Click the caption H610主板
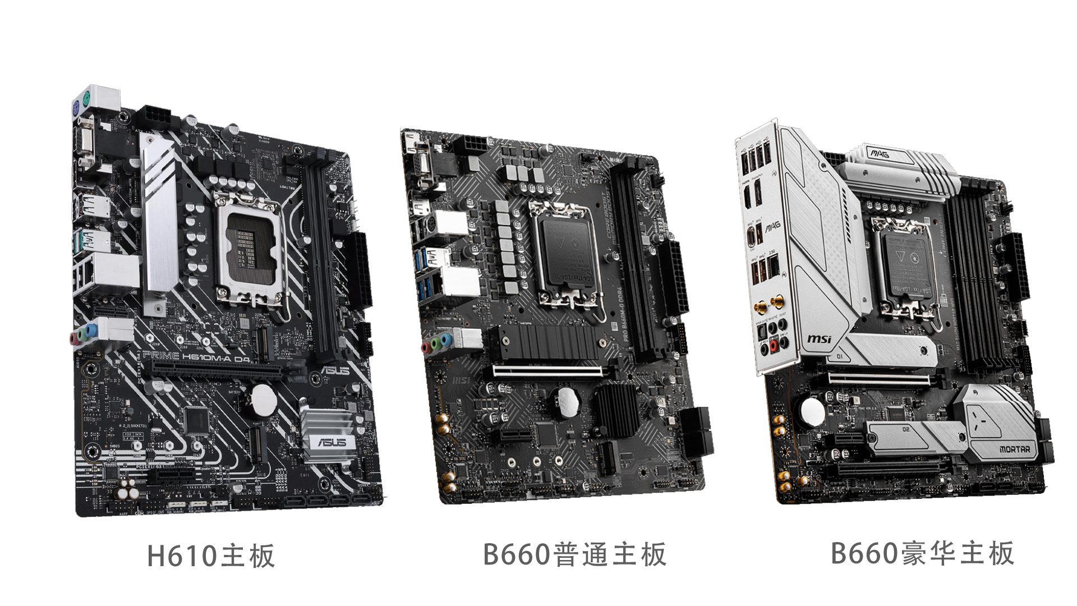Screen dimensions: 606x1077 [x=211, y=555]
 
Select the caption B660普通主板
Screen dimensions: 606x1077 [x=574, y=554]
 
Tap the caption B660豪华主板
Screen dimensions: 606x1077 [x=922, y=553]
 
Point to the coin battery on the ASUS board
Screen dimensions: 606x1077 [x=262, y=400]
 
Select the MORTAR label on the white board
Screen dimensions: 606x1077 [x=1014, y=449]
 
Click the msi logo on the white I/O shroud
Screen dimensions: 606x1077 [x=819, y=339]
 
